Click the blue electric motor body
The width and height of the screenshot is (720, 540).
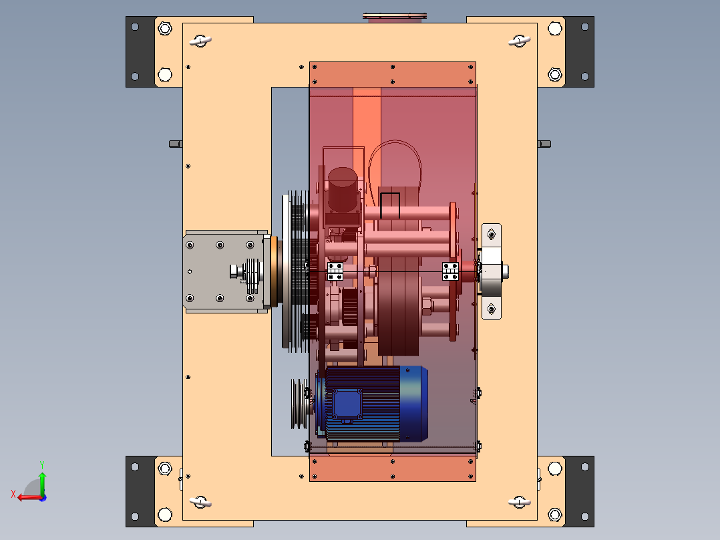click(374, 404)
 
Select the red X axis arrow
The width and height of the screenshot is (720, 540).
click(29, 497)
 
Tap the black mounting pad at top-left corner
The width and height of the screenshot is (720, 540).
click(140, 52)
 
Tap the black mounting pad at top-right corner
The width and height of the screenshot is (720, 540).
click(579, 52)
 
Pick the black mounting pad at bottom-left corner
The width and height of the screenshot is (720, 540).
click(140, 491)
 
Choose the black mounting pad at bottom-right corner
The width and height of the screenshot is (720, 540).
click(579, 491)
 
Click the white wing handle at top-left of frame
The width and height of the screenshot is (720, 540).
click(200, 41)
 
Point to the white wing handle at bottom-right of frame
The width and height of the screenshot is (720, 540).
click(520, 503)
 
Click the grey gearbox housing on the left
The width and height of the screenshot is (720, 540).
click(225, 271)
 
